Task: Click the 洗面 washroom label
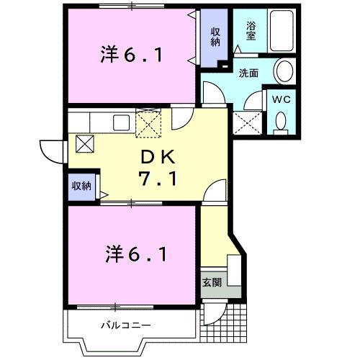[x=249, y=72]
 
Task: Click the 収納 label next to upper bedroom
[x=215, y=36]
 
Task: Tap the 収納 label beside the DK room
[x=81, y=186]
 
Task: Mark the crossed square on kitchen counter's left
[x=84, y=143]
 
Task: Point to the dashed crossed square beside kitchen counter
[x=150, y=122]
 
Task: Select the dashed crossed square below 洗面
[x=248, y=123]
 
